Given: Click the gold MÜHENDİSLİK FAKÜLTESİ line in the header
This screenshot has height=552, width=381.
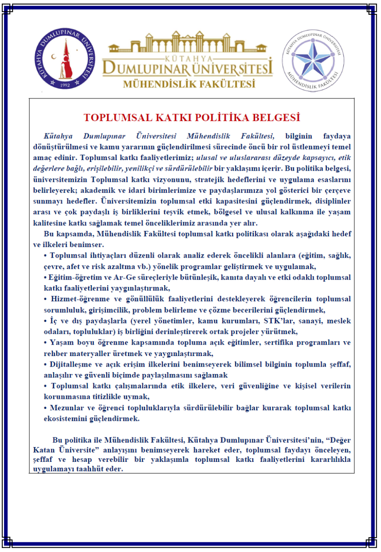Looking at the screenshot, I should pyautogui.click(x=189, y=84).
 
